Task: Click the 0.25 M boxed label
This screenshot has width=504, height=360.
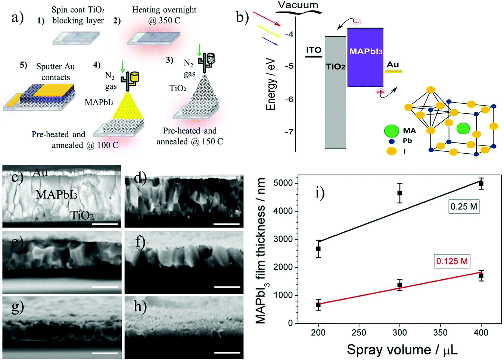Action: pos(464,207)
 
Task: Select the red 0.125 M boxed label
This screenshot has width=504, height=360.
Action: pos(452,261)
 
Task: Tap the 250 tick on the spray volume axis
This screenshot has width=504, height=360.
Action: pos(359,333)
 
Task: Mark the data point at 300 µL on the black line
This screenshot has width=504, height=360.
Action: pos(400,193)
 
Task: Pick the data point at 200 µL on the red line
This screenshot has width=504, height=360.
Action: pos(318,305)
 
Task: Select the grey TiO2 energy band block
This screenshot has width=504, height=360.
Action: pos(335,93)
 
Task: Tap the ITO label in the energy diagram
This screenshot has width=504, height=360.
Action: pos(314,50)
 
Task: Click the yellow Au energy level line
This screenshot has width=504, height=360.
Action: pos(393,71)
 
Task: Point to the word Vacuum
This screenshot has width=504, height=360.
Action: pos(298,5)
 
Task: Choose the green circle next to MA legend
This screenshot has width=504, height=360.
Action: pos(391,131)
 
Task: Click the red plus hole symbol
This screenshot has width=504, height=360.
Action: pos(380,92)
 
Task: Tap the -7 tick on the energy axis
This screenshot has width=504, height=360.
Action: pos(289,132)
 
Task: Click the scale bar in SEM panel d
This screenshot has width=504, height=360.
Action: pos(227,224)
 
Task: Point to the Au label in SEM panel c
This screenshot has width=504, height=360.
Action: pos(40,172)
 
